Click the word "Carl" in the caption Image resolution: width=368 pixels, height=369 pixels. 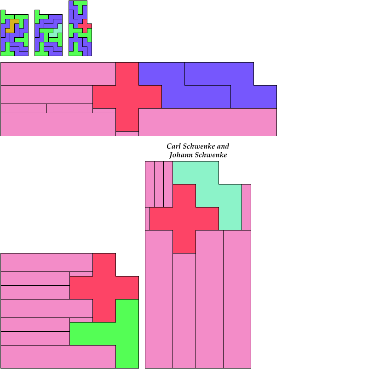(173, 146)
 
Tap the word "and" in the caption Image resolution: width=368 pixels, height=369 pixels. (223, 146)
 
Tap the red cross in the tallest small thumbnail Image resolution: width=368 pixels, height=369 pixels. (85, 25)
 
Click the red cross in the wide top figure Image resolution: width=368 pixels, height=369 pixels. (127, 97)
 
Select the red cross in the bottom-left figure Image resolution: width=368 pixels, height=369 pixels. (104, 288)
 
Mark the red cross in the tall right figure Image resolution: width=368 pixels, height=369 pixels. (184, 219)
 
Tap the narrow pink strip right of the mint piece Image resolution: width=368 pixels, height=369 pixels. (246, 207)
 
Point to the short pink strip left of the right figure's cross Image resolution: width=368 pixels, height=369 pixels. (147, 219)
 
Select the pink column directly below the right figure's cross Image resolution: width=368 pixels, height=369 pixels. (184, 311)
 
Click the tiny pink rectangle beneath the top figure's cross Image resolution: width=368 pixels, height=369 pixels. (127, 133)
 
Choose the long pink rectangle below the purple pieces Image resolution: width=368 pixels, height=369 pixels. (207, 122)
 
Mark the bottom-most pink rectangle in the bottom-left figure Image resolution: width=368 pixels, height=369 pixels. (57, 357)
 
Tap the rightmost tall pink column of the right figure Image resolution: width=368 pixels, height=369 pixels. (237, 299)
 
